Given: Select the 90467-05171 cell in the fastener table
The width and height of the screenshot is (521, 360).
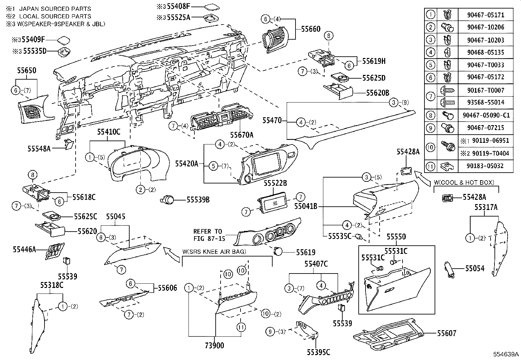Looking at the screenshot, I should click(x=485, y=15).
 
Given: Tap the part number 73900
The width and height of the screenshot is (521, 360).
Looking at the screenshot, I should click(x=214, y=345).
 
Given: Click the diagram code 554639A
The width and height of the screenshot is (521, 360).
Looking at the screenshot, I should click(x=506, y=354).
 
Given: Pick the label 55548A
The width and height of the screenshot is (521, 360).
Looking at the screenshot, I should click(x=39, y=148).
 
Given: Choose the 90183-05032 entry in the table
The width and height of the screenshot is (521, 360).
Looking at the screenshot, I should click(x=485, y=166).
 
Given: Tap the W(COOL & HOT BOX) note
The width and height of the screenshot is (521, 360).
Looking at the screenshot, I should click(x=464, y=182).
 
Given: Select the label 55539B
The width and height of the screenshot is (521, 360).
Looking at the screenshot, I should click(x=198, y=199).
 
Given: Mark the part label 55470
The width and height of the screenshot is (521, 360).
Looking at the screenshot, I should click(x=272, y=121).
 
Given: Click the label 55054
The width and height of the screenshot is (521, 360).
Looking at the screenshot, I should click(x=475, y=268).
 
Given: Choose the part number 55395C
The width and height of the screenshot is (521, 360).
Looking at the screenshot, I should click(x=318, y=352).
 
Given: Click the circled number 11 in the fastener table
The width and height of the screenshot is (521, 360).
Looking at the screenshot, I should click(x=431, y=166).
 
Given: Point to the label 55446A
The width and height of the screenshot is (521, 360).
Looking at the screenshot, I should click(x=24, y=250).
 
